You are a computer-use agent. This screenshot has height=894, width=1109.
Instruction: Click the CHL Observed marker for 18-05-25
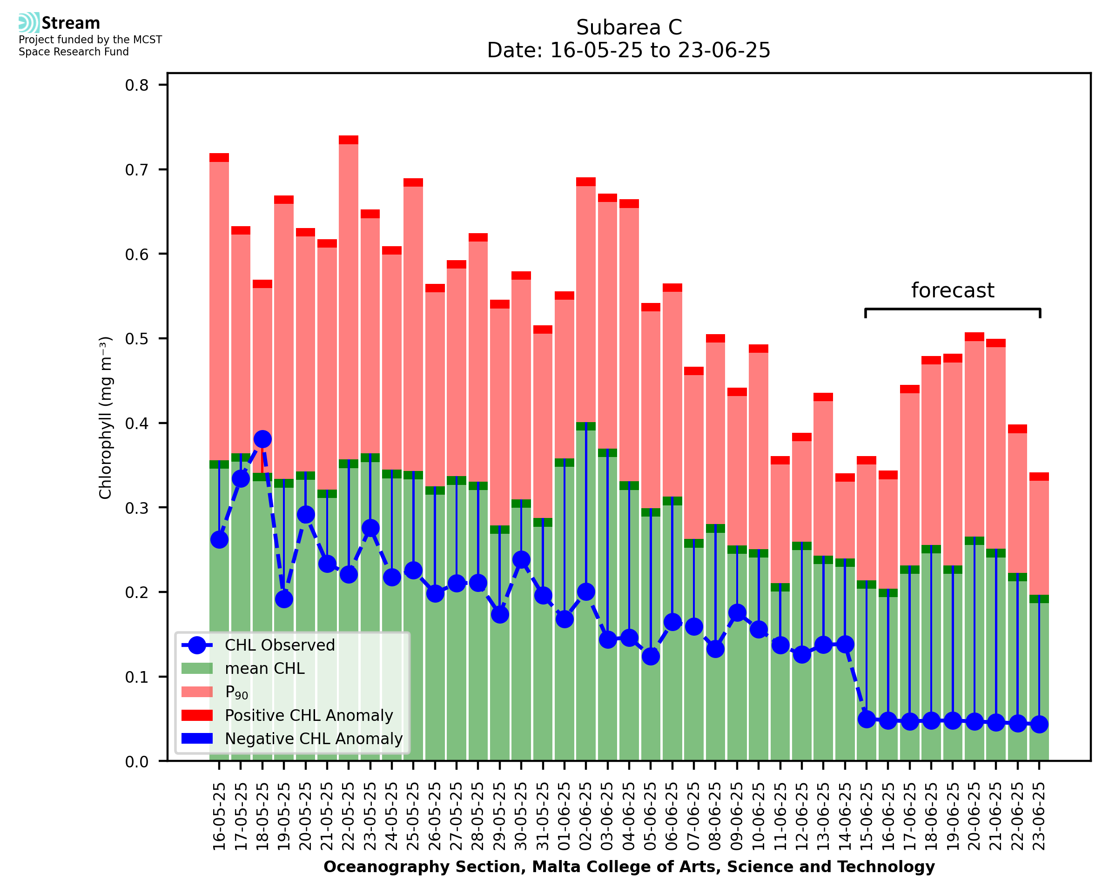pyautogui.click(x=262, y=439)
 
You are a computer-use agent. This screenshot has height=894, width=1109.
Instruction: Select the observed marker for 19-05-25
pyautogui.click(x=284, y=599)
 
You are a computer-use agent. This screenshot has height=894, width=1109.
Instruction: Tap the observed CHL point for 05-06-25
pyautogui.click(x=651, y=656)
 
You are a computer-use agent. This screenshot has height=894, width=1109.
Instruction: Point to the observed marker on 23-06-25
pyautogui.click(x=1040, y=725)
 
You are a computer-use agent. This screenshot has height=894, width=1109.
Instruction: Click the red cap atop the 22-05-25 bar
pyautogui.click(x=349, y=140)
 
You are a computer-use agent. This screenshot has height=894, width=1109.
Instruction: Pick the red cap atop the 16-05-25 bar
pyautogui.click(x=219, y=158)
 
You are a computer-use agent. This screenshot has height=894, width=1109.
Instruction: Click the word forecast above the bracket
pyautogui.click(x=953, y=290)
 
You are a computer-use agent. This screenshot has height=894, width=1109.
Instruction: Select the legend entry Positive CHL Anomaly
pyautogui.click(x=309, y=715)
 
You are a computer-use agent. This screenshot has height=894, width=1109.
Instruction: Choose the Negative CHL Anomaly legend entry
pyautogui.click(x=314, y=739)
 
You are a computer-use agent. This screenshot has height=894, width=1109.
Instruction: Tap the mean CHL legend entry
pyautogui.click(x=265, y=668)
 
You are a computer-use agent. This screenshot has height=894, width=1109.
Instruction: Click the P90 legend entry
pyautogui.click(x=236, y=692)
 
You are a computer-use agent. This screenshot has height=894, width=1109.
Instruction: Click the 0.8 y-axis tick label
pyautogui.click(x=137, y=85)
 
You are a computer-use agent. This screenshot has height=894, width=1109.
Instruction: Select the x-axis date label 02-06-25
pyautogui.click(x=586, y=816)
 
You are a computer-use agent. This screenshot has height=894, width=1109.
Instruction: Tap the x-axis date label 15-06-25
pyautogui.click(x=867, y=816)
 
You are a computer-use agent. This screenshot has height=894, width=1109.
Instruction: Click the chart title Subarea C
pyautogui.click(x=629, y=27)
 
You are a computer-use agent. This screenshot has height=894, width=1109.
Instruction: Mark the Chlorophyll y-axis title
pyautogui.click(x=105, y=417)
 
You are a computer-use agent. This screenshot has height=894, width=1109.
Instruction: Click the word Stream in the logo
pyautogui.click(x=71, y=23)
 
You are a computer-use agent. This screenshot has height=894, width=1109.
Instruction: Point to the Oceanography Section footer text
pyautogui.click(x=629, y=867)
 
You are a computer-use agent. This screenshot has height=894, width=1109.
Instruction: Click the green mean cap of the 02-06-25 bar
pyautogui.click(x=586, y=426)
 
